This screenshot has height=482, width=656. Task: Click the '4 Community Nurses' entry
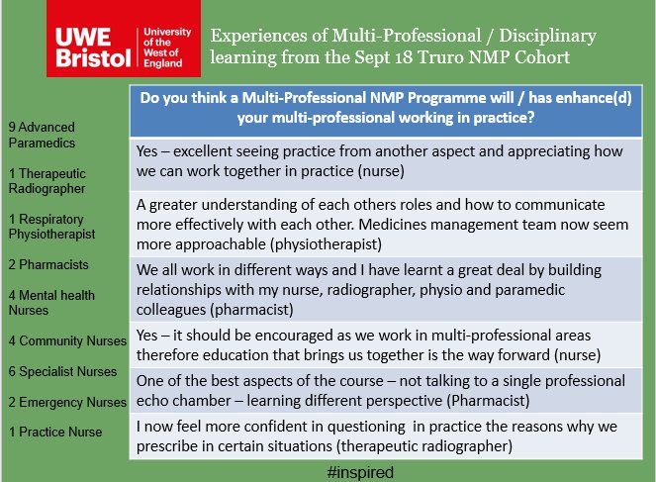point(66,340)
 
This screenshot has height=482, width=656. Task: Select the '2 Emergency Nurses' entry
point(66,402)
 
